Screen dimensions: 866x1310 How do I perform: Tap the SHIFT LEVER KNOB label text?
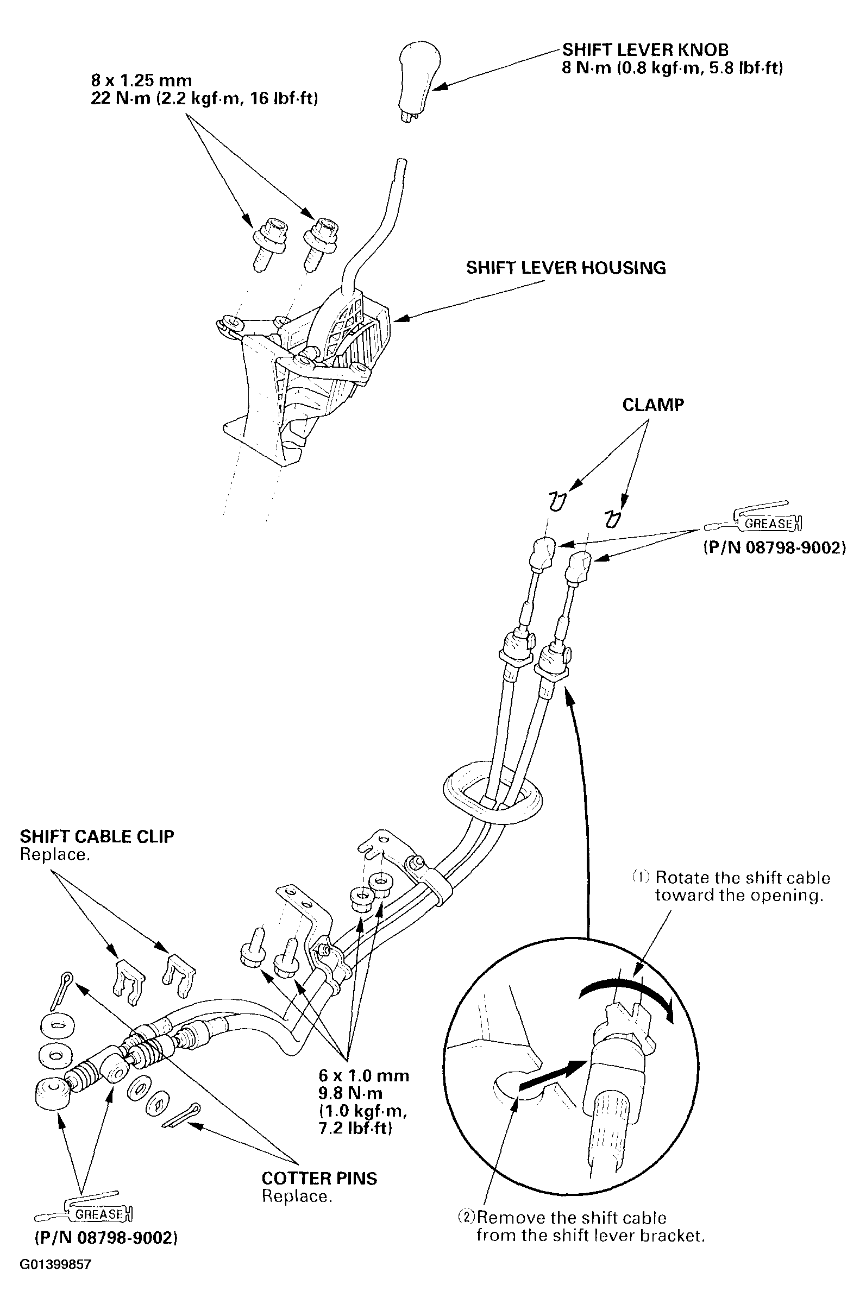coord(645,49)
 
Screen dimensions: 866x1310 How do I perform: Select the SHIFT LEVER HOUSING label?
coord(566,268)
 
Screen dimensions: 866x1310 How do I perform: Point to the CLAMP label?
coord(653,405)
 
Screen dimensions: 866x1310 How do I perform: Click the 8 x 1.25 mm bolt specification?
coord(141,80)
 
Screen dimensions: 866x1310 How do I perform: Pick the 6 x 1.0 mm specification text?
coord(364,1075)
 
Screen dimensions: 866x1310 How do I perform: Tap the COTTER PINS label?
coord(319,1178)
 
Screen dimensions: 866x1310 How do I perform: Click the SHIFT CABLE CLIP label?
coord(97,836)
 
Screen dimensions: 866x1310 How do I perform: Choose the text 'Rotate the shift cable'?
coord(742,878)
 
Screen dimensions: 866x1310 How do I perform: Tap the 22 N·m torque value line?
coord(204,99)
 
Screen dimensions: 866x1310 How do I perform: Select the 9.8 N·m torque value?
coord(350,1093)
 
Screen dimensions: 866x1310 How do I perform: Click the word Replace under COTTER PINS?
coord(297,1196)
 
